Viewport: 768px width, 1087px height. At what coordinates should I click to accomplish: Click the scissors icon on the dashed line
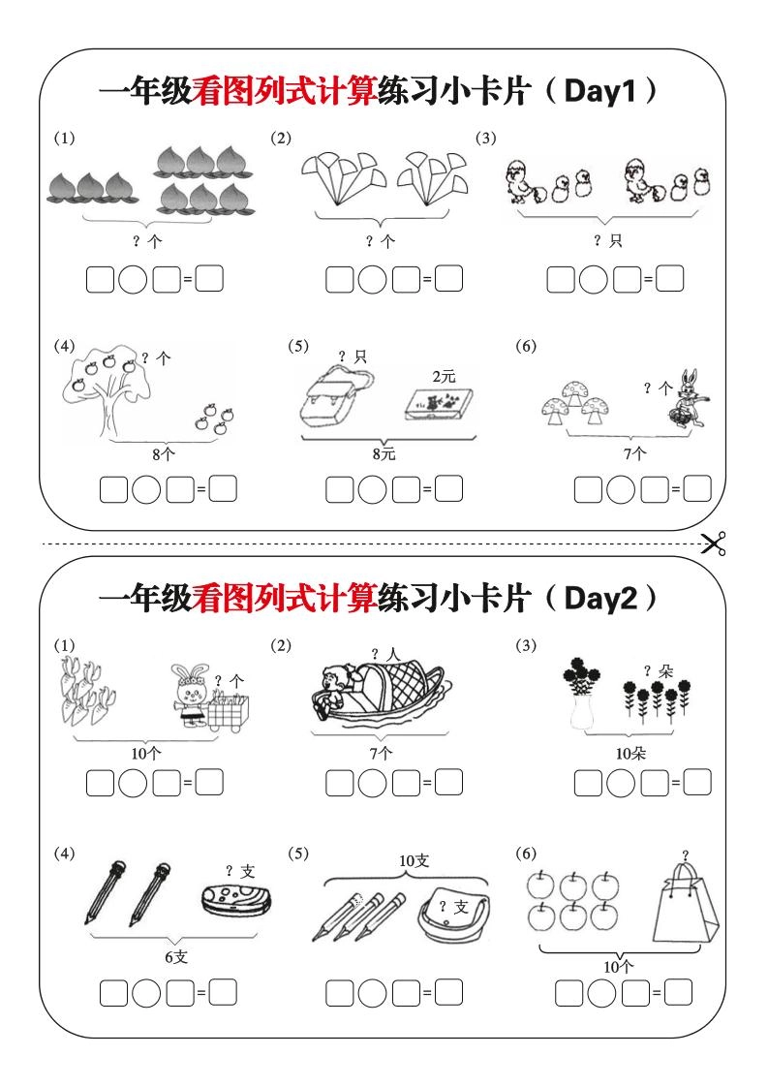715,544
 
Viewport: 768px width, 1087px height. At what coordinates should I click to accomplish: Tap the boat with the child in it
378,692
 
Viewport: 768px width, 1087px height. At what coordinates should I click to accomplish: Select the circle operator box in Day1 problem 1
133,281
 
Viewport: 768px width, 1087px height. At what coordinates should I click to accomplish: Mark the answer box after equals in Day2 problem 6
679,993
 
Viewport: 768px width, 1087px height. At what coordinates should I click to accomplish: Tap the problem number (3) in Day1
485,138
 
